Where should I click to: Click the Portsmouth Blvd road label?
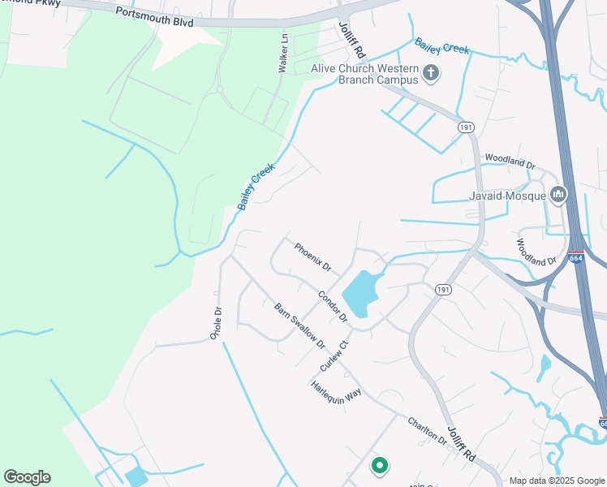154,17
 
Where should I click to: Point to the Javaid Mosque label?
505,196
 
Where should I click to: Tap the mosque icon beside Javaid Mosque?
557,195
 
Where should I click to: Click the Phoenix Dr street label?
312,257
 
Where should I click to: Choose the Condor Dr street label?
333,306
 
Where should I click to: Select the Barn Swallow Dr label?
299,325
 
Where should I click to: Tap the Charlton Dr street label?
427,430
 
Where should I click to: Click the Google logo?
27,477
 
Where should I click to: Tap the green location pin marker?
378,465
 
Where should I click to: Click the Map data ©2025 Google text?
557,481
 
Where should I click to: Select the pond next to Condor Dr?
360,293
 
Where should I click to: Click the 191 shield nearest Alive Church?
465,127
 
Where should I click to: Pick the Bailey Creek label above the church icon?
442,46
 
